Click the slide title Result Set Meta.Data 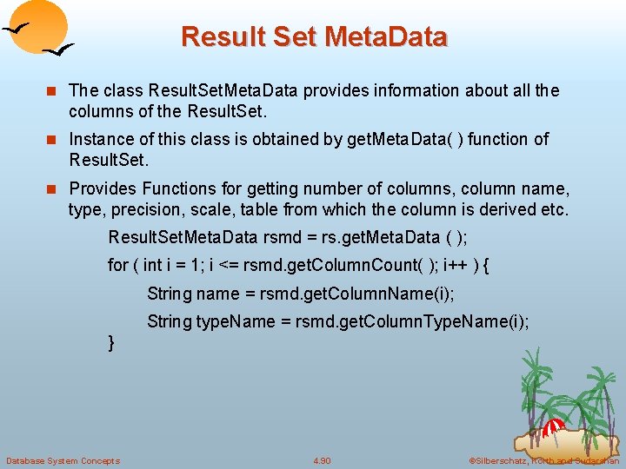pyautogui.click(x=314, y=37)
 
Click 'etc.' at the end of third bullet pyautogui.click(x=553, y=209)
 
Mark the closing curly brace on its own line pyautogui.click(x=111, y=343)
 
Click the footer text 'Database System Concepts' pyautogui.click(x=63, y=460)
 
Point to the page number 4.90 pyautogui.click(x=322, y=460)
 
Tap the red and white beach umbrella pyautogui.click(x=554, y=426)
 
